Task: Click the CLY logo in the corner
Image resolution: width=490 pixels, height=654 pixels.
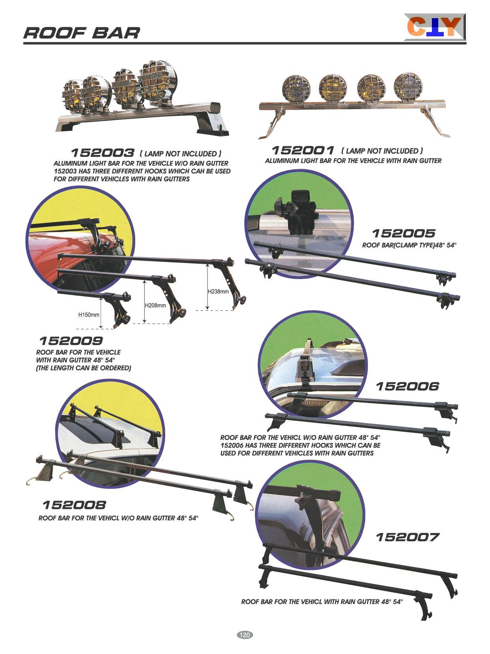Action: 435,27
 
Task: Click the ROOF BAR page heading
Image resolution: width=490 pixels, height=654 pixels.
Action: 81,33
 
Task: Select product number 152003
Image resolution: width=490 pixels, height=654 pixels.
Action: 103,153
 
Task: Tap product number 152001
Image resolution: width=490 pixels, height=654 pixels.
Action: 303,150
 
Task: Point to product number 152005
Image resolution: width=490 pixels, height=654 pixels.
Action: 404,233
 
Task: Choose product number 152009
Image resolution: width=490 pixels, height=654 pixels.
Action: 71,340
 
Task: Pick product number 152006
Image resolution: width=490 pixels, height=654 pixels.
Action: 407,386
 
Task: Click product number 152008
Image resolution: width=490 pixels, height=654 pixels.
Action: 74,505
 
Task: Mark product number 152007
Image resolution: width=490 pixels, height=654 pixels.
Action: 407,537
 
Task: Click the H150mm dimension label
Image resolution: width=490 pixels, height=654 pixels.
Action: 89,315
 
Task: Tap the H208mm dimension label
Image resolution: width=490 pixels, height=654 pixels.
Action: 155,305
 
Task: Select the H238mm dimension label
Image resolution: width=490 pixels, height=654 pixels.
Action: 218,291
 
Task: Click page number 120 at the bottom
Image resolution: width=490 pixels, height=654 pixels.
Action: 245,635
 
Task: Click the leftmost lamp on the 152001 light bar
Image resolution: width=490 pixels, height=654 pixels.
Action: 296,89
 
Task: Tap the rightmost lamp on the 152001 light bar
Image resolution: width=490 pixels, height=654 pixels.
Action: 408,86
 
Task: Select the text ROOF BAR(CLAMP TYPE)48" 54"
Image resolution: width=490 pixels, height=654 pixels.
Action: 409,245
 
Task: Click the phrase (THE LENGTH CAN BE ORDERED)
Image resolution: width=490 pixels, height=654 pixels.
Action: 84,368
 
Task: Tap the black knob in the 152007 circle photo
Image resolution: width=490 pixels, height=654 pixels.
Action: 303,495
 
